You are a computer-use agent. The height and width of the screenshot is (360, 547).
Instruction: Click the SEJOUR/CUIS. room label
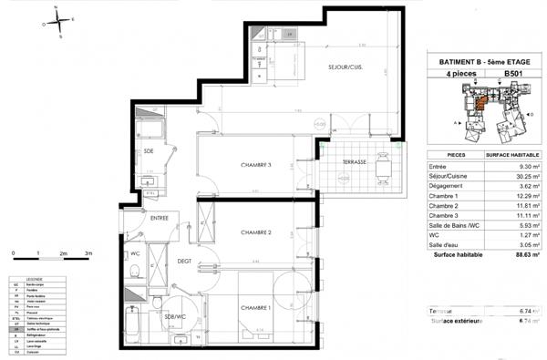tap(346, 68)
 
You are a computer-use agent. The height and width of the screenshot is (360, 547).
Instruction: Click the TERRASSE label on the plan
tap(355, 161)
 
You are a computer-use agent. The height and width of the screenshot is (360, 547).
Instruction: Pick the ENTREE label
tap(160, 219)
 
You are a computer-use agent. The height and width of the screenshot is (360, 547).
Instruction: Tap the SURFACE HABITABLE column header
tap(507, 156)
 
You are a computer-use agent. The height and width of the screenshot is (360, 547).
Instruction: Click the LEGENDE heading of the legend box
tap(29, 280)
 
